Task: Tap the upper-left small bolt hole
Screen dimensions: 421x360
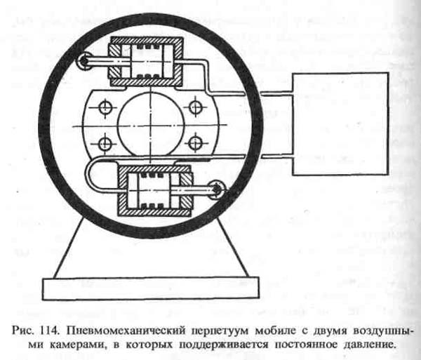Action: [105, 108]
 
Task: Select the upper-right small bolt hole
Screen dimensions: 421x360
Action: [195, 107]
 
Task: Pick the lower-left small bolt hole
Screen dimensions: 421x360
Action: [105, 144]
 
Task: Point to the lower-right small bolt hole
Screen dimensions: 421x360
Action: [194, 143]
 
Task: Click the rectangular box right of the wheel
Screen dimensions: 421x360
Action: [340, 124]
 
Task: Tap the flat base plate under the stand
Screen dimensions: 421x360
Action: [151, 288]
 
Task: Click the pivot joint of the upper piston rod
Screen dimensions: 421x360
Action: [84, 61]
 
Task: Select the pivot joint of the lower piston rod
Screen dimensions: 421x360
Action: [216, 189]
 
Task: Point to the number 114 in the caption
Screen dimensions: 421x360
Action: [50, 331]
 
